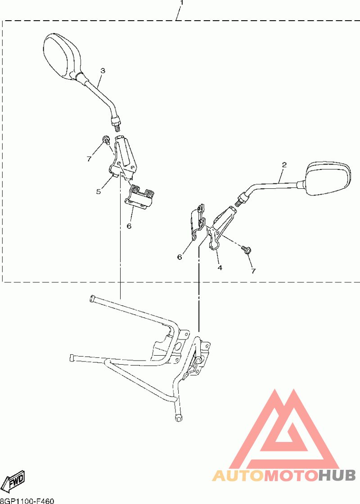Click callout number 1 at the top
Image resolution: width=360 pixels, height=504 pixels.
coord(181,3)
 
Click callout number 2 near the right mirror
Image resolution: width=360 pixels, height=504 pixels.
coord(284,165)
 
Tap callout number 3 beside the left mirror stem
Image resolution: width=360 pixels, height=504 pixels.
coord(103,71)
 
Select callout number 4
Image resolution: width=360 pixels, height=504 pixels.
coord(220,268)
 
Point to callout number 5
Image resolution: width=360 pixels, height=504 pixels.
coord(98,192)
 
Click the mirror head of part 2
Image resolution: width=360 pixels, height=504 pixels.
coord(328,178)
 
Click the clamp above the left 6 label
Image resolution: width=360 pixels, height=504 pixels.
coord(141,197)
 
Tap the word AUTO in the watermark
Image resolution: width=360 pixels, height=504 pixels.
coord(238,475)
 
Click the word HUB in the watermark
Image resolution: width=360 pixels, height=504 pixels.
coord(337,475)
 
